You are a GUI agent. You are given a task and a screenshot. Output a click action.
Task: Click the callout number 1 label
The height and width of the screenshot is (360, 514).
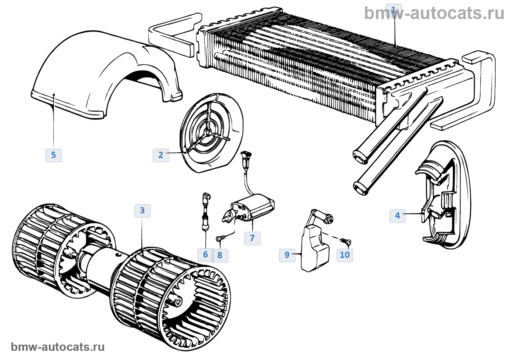pos(394,10)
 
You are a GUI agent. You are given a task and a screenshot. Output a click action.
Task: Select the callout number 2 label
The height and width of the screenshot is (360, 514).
pos(160,155)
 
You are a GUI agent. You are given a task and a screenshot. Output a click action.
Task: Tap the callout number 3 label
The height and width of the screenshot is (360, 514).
pos(142,211)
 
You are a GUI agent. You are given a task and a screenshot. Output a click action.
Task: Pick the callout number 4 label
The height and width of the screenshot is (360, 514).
pos(397,216)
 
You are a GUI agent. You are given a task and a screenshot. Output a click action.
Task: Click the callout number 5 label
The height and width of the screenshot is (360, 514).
pos(54,155)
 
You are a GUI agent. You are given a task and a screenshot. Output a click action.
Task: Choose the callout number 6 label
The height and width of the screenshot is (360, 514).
pos(205,255)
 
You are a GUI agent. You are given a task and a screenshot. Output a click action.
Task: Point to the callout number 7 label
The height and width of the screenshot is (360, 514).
pos(252,238)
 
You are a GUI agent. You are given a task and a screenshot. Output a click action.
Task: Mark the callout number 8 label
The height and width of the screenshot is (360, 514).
pos(220,255)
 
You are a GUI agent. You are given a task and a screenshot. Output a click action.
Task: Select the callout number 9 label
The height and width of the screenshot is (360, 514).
pos(287,255)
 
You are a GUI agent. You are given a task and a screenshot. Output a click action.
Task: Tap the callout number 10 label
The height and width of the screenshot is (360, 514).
pos(345,255)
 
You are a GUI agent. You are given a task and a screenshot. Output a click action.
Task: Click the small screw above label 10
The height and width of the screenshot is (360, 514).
pos(346,241)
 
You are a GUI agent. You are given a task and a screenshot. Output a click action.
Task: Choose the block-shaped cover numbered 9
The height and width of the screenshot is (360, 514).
pos(314,250)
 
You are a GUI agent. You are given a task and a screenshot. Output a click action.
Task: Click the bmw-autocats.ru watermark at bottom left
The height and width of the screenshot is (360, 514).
pos(58,347)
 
